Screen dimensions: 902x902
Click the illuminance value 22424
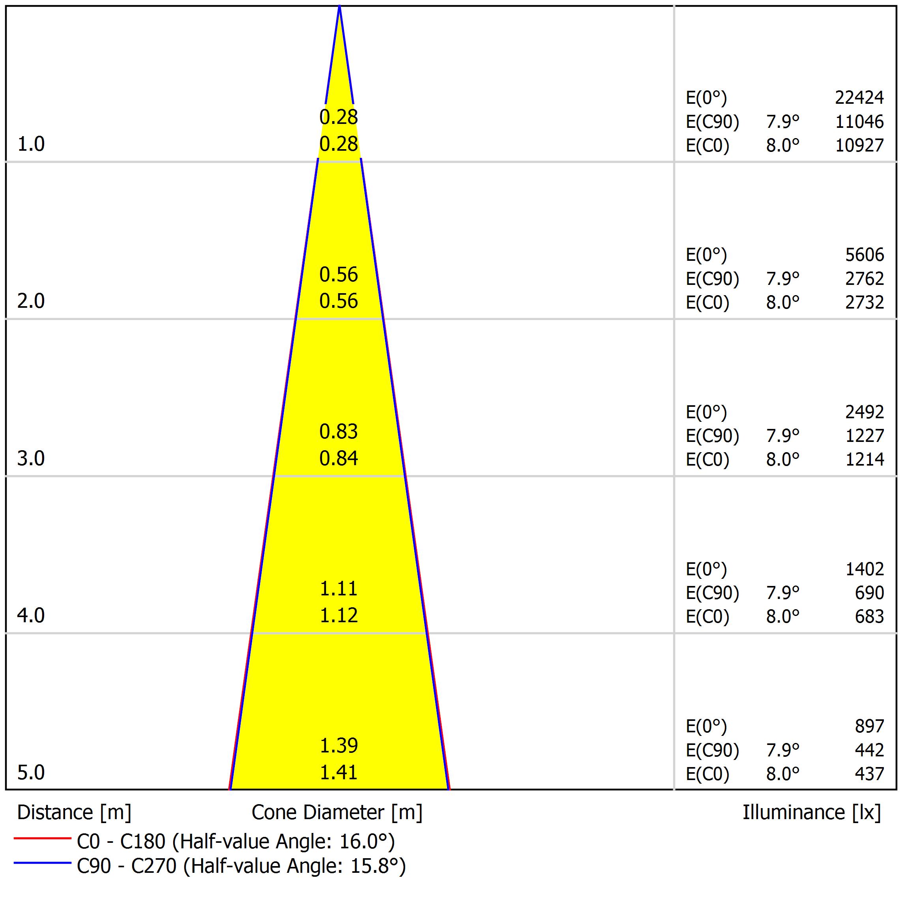[859, 97]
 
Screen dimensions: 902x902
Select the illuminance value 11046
[859, 122]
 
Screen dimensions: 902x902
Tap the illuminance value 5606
[864, 255]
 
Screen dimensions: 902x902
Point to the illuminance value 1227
[864, 436]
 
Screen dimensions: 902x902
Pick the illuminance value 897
[869, 726]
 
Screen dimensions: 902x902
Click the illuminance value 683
[869, 617]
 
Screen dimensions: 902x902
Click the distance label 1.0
[31, 144]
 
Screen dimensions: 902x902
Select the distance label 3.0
[31, 458]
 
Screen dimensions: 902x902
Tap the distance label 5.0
[31, 773]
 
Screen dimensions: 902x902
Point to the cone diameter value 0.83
[339, 432]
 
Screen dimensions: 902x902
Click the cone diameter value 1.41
[339, 773]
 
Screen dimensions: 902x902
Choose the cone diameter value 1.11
[339, 589]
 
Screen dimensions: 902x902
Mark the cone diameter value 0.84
[339, 458]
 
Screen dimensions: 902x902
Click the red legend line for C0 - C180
[42, 838]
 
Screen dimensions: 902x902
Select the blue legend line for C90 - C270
[42, 863]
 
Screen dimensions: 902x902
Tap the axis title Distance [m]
[74, 813]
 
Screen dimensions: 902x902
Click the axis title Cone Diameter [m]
[337, 813]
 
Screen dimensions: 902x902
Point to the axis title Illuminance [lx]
[811, 813]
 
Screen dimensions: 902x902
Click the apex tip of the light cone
[339, 7]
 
